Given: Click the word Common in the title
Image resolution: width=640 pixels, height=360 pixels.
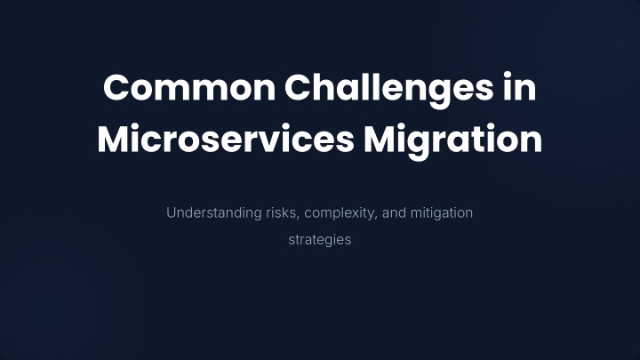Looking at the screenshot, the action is tap(189, 88).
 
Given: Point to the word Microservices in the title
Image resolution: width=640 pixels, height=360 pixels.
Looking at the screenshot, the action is tap(226, 139).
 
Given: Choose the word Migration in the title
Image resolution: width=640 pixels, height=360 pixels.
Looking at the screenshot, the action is tap(452, 141).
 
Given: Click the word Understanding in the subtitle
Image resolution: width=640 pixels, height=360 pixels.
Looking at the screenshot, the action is tap(214, 213).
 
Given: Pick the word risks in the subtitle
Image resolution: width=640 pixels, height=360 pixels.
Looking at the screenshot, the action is tap(281, 213).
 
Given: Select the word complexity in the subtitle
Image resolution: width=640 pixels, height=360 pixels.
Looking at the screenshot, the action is tap(340, 214).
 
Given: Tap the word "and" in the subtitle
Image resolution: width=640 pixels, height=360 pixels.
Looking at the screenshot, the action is tap(394, 213).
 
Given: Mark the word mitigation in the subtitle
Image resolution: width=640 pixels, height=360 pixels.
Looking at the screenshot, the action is tap(442, 214).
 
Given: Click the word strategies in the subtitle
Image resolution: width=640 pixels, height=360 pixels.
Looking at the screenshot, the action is tap(320, 240).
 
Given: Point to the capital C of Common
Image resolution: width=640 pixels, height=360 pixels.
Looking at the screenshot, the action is tap(116, 88).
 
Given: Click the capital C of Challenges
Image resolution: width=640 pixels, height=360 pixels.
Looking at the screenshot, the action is tap(298, 88).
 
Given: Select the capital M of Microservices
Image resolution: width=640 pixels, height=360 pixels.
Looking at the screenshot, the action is tap(112, 139).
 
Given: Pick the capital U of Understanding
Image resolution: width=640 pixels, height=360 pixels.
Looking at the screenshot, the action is tap(171, 213).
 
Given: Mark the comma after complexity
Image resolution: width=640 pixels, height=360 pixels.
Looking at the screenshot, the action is tap(375, 219).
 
